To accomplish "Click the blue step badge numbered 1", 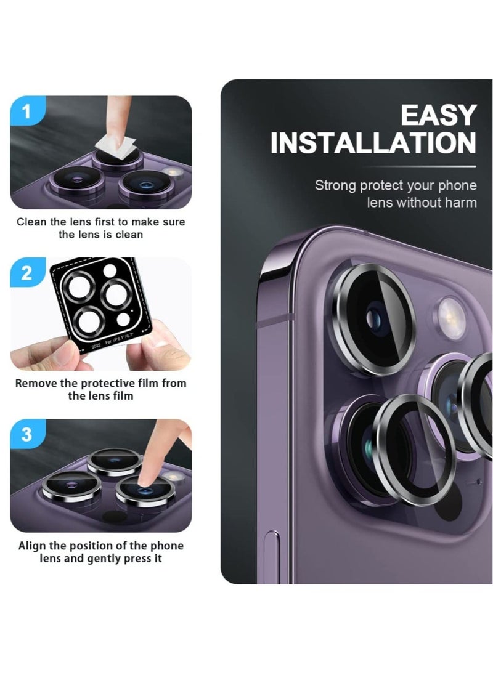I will tap(26, 112).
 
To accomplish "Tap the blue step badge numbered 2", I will tap(26, 273).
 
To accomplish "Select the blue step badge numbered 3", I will tap(26, 434).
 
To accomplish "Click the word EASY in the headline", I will tap(438, 116).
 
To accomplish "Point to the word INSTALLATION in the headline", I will tap(373, 143).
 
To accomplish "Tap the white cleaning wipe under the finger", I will tap(117, 147).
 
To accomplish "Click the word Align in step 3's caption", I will tap(32, 546).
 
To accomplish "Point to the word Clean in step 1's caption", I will tap(31, 222).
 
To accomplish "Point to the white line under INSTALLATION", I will tap(419, 166).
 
